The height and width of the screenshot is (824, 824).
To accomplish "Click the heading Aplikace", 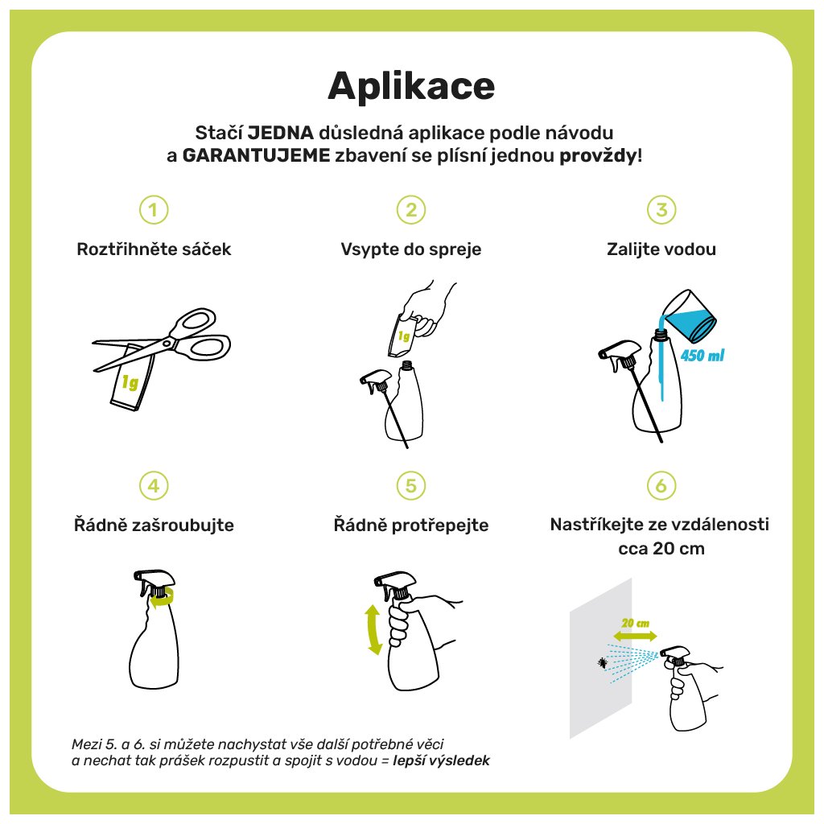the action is point(411,86).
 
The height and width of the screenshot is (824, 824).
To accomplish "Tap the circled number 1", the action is point(154,210).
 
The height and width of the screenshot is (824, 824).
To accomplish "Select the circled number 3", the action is point(661,210).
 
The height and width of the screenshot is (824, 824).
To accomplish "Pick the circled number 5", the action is point(411,485).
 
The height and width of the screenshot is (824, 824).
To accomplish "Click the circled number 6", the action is point(661,485).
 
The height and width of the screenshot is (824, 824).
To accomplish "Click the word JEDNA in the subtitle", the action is point(281,133).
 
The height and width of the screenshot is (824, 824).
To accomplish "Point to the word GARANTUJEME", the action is point(256,155).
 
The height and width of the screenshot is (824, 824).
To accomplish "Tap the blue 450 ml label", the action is point(702,356).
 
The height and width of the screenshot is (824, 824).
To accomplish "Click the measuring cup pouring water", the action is point(689,316).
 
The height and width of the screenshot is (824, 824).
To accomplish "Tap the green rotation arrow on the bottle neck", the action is point(161,599).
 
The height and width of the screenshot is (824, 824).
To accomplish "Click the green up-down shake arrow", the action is point(373,629).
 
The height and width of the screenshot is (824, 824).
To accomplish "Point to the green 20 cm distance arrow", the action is point(635,636).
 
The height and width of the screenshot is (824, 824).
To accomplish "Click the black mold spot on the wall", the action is point(602,663).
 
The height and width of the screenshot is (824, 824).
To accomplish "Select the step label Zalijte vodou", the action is point(661,249).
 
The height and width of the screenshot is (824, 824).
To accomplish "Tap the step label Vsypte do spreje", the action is point(411,249).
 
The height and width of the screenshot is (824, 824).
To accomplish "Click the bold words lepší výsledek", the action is point(442,760).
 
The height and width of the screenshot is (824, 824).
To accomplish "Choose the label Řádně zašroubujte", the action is point(154,525).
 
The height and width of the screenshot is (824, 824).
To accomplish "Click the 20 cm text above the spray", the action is point(636,624).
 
